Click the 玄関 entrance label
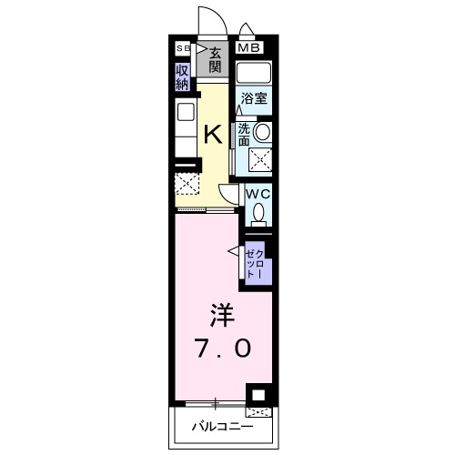coord(216,61)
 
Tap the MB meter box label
coord(248,48)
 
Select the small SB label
coord(182,47)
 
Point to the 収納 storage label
coord(183,76)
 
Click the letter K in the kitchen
coord(211,135)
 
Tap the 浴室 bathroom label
coord(253,99)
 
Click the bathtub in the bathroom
coord(255,72)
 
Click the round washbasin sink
coord(262,133)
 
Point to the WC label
coord(256,194)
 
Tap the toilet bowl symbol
coord(258,214)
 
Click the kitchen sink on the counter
coord(185,114)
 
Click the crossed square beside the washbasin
coord(261,160)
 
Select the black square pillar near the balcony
coord(258,395)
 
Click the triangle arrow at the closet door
coord(234,252)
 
